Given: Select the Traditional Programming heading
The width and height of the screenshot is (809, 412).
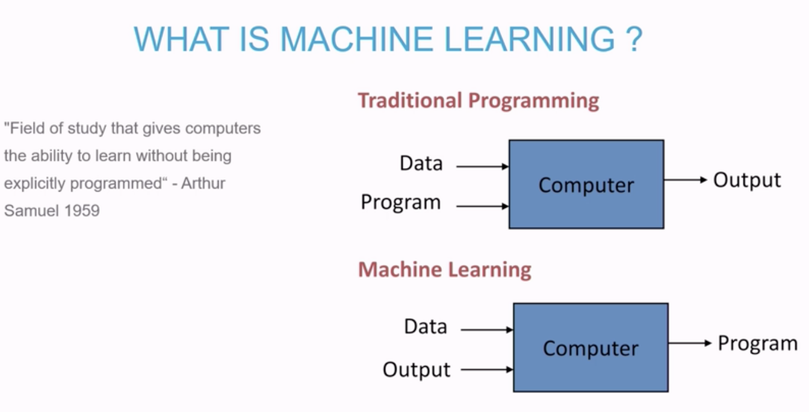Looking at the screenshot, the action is point(479,101).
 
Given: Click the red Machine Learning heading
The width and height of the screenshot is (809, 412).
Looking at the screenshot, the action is point(445,270).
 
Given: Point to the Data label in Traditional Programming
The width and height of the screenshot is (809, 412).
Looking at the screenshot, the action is point(421,163).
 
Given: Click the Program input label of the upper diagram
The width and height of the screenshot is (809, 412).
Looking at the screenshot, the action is point(401,202).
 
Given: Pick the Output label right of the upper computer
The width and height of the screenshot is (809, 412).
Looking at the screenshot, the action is point(747,180).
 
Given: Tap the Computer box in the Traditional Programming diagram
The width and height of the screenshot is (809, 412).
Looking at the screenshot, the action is point(586,184).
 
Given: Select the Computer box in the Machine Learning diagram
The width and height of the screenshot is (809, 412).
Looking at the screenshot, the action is point(591,348).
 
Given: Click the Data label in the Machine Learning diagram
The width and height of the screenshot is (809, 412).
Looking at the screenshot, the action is point(426,326).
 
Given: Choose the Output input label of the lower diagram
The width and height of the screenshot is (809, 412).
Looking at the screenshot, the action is point(417,370).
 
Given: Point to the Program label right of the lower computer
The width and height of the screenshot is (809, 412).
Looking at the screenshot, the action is point(758,343).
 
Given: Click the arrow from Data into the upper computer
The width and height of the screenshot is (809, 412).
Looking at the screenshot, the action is point(483,167).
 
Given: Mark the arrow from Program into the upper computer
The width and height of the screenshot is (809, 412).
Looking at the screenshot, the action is point(483,207).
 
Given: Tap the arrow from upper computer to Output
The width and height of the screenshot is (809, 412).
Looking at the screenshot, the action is point(686,179).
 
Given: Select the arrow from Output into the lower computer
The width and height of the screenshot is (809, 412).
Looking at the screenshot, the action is point(487,370).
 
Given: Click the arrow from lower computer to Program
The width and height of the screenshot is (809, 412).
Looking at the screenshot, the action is point(690,343).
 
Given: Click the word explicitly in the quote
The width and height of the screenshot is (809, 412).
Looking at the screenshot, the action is point(35,184).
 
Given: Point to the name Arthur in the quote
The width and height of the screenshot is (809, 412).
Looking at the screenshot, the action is point(203,183).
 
